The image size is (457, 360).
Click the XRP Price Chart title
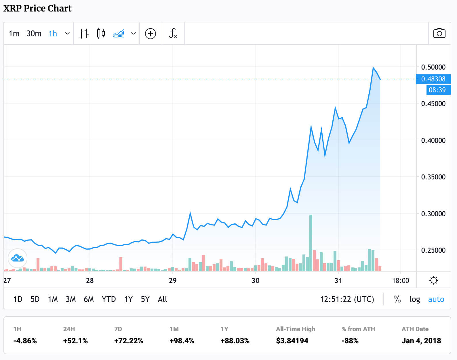[37, 8]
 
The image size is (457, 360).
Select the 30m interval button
[34, 34]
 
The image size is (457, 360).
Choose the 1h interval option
[53, 34]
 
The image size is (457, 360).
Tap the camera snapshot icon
[439, 33]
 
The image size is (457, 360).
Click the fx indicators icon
[173, 34]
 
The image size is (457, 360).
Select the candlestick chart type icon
[101, 34]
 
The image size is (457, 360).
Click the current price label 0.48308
[433, 79]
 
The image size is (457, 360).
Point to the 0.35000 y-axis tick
[433, 177]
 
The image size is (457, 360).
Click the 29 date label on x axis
[173, 281]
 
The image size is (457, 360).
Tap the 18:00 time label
[400, 281]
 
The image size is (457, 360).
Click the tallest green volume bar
[311, 243]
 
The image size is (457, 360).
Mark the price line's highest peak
[373, 68]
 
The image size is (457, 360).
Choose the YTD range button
[108, 299]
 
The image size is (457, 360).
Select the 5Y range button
[145, 299]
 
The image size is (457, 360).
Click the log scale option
[414, 299]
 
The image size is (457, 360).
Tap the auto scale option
[436, 299]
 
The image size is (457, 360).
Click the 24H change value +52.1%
[75, 341]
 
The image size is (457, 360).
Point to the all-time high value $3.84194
[292, 341]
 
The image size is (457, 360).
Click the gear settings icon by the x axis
[434, 280]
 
